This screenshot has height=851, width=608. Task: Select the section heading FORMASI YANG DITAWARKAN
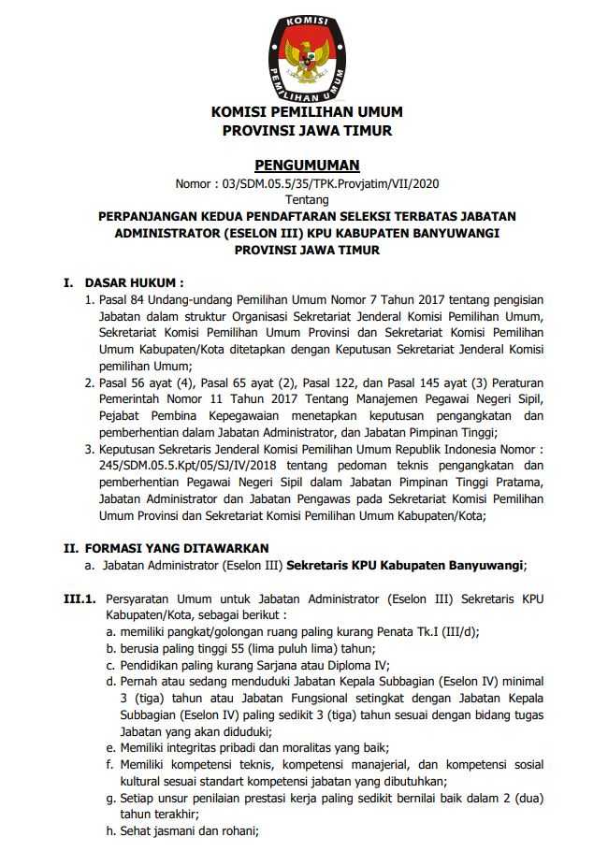177,547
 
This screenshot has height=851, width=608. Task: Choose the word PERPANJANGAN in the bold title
151,216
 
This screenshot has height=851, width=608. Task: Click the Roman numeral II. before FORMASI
69,547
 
